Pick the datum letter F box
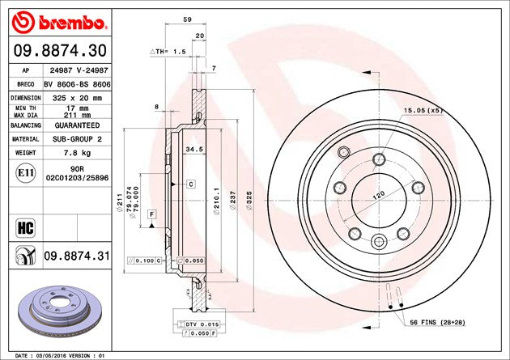(151, 213)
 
